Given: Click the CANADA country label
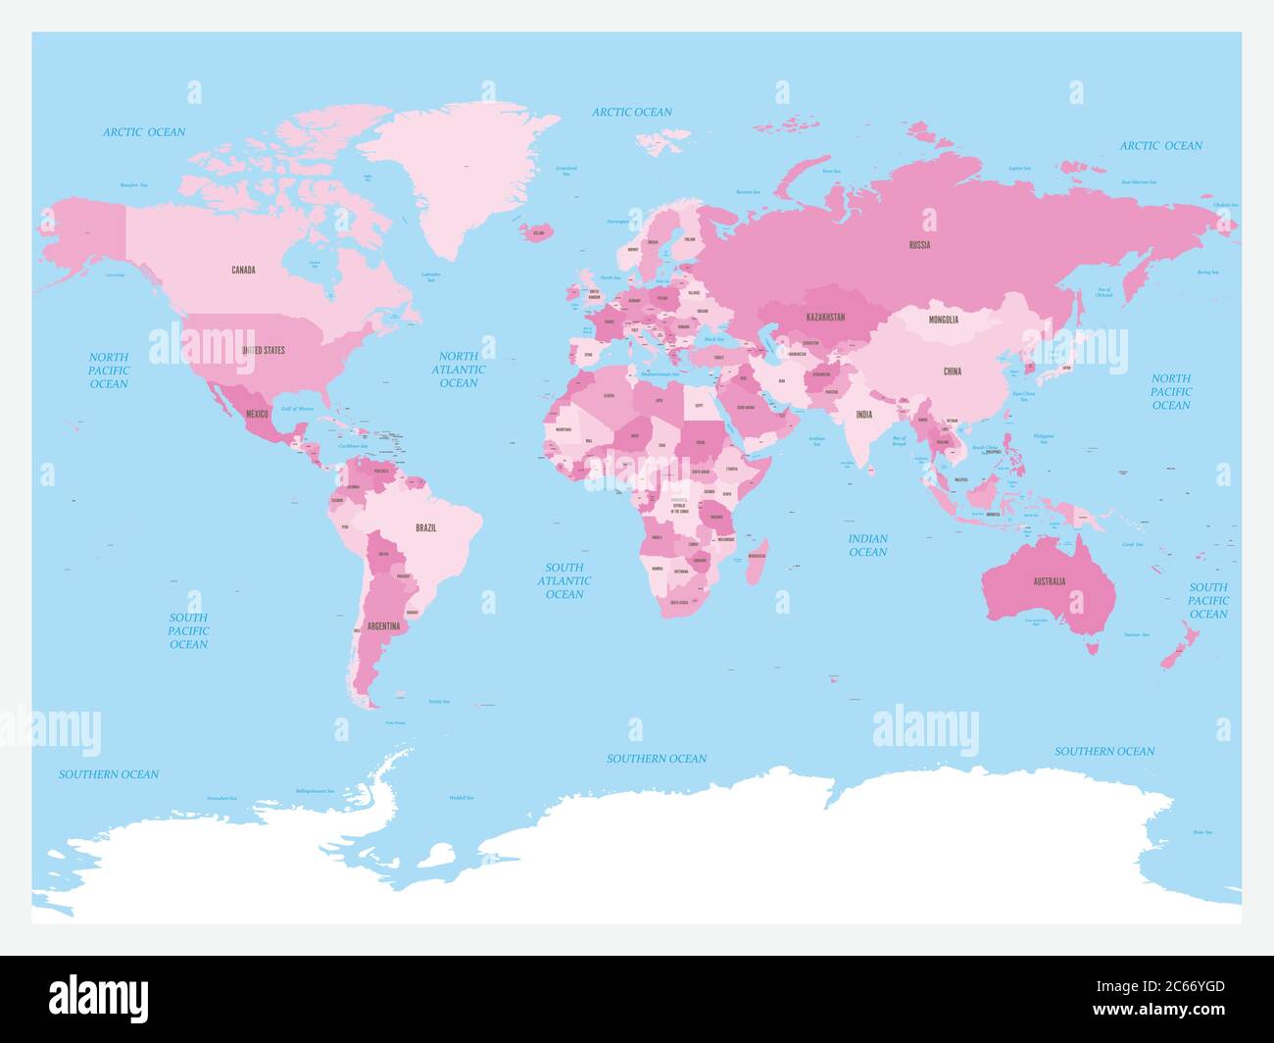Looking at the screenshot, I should point(243,270).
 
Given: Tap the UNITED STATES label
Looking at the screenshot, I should point(264,350).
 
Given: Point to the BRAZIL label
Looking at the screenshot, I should point(426,528).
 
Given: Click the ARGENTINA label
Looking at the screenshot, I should point(382,625).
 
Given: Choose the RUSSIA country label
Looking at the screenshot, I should point(919,245).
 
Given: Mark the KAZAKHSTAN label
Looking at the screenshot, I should point(825,318).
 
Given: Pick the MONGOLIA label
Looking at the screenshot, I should point(944,320).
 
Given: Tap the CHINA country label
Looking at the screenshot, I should point(953,372).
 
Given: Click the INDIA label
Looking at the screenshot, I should point(863,415).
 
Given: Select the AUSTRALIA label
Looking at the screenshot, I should point(1049,581).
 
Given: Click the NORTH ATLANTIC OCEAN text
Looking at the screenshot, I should point(459,370).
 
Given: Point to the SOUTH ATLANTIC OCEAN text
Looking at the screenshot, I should point(564,580).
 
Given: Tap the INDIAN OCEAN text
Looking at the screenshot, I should point(867,545).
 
